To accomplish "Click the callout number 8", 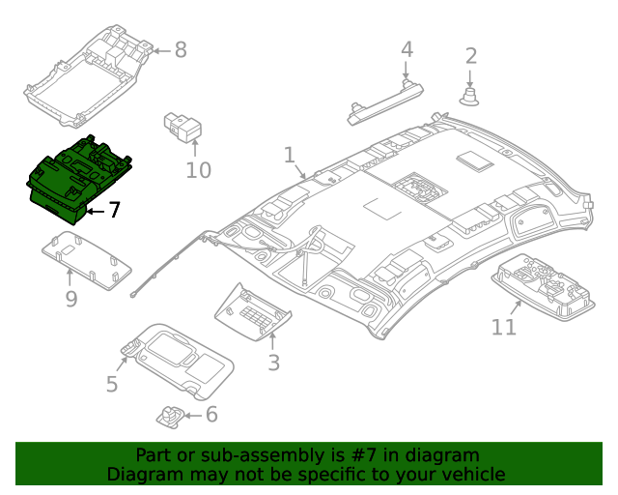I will click(181, 50).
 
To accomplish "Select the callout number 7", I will click(114, 210).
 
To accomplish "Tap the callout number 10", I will click(197, 171).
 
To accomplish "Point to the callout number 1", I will click(289, 155).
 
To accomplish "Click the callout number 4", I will click(407, 49).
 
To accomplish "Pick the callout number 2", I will click(471, 56).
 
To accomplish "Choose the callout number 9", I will click(70, 299).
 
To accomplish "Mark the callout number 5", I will click(112, 384).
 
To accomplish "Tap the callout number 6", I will click(211, 415).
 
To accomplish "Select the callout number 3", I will click(273, 363).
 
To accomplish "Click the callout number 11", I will click(504, 327).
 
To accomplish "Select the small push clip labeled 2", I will click(471, 96).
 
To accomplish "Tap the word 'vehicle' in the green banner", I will click(470, 474).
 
